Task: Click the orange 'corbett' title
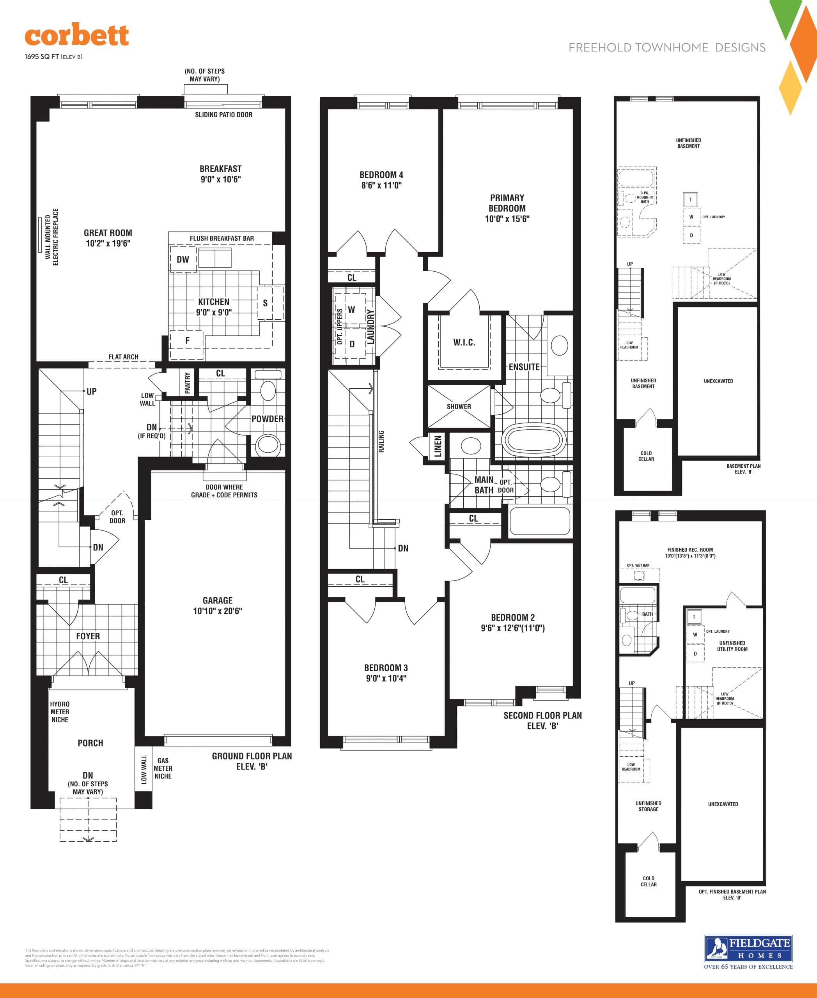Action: (77, 36)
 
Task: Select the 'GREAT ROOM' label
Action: (108, 233)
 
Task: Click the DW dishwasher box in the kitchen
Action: (183, 259)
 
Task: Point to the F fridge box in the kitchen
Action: (187, 341)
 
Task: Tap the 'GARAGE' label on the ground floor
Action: (218, 600)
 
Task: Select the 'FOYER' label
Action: (88, 636)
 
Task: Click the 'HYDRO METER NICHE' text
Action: (60, 712)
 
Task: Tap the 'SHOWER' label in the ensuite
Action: (459, 407)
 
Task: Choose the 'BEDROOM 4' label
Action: (381, 175)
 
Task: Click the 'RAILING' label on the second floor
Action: (381, 441)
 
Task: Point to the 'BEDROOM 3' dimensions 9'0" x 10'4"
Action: (386, 678)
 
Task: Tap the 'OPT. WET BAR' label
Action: (638, 566)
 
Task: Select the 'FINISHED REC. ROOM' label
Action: (689, 550)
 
